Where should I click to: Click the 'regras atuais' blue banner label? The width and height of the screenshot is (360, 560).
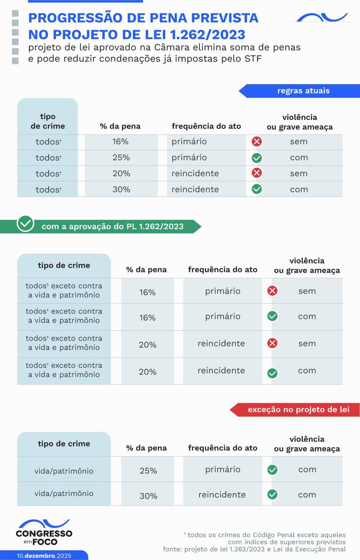303,91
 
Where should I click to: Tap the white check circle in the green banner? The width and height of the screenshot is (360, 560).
25,223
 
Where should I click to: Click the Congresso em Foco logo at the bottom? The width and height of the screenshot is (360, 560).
44,533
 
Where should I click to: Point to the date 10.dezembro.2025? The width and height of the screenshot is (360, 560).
44,555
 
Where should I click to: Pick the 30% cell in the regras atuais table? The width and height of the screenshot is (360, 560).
121,190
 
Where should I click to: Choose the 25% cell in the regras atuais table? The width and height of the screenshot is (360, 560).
121,158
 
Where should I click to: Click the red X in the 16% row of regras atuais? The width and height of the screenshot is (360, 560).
256,142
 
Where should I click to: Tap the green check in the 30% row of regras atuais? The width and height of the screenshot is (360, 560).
256,190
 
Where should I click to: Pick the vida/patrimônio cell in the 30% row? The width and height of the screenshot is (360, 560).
64,493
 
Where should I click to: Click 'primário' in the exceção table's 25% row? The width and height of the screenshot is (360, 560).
223,470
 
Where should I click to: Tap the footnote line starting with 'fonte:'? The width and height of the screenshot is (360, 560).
254,549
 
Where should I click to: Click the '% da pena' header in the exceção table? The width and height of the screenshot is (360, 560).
146,448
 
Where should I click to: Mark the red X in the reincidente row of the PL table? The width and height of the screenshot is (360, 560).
272,343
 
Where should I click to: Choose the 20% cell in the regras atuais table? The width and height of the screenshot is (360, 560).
121,173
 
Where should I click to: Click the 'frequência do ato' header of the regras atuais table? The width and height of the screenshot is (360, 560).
206,126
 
